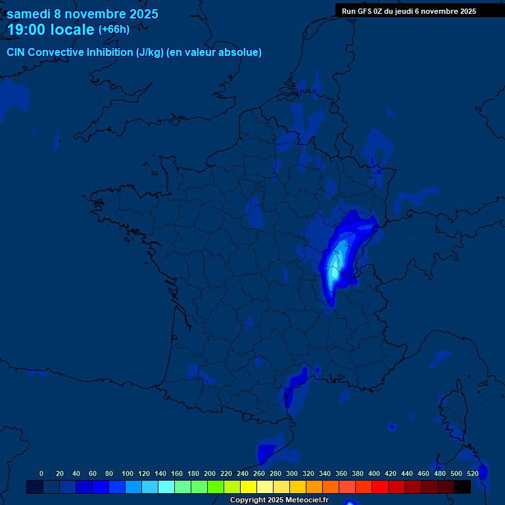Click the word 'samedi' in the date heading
30,14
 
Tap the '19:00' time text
26,30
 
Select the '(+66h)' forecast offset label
114,30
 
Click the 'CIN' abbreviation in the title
16,53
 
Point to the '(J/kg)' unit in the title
150,53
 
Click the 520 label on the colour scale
472,473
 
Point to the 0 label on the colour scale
41,473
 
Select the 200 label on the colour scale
210,473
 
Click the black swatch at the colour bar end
462,487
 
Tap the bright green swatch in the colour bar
216,487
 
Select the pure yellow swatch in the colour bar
249,487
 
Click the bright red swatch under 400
380,487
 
